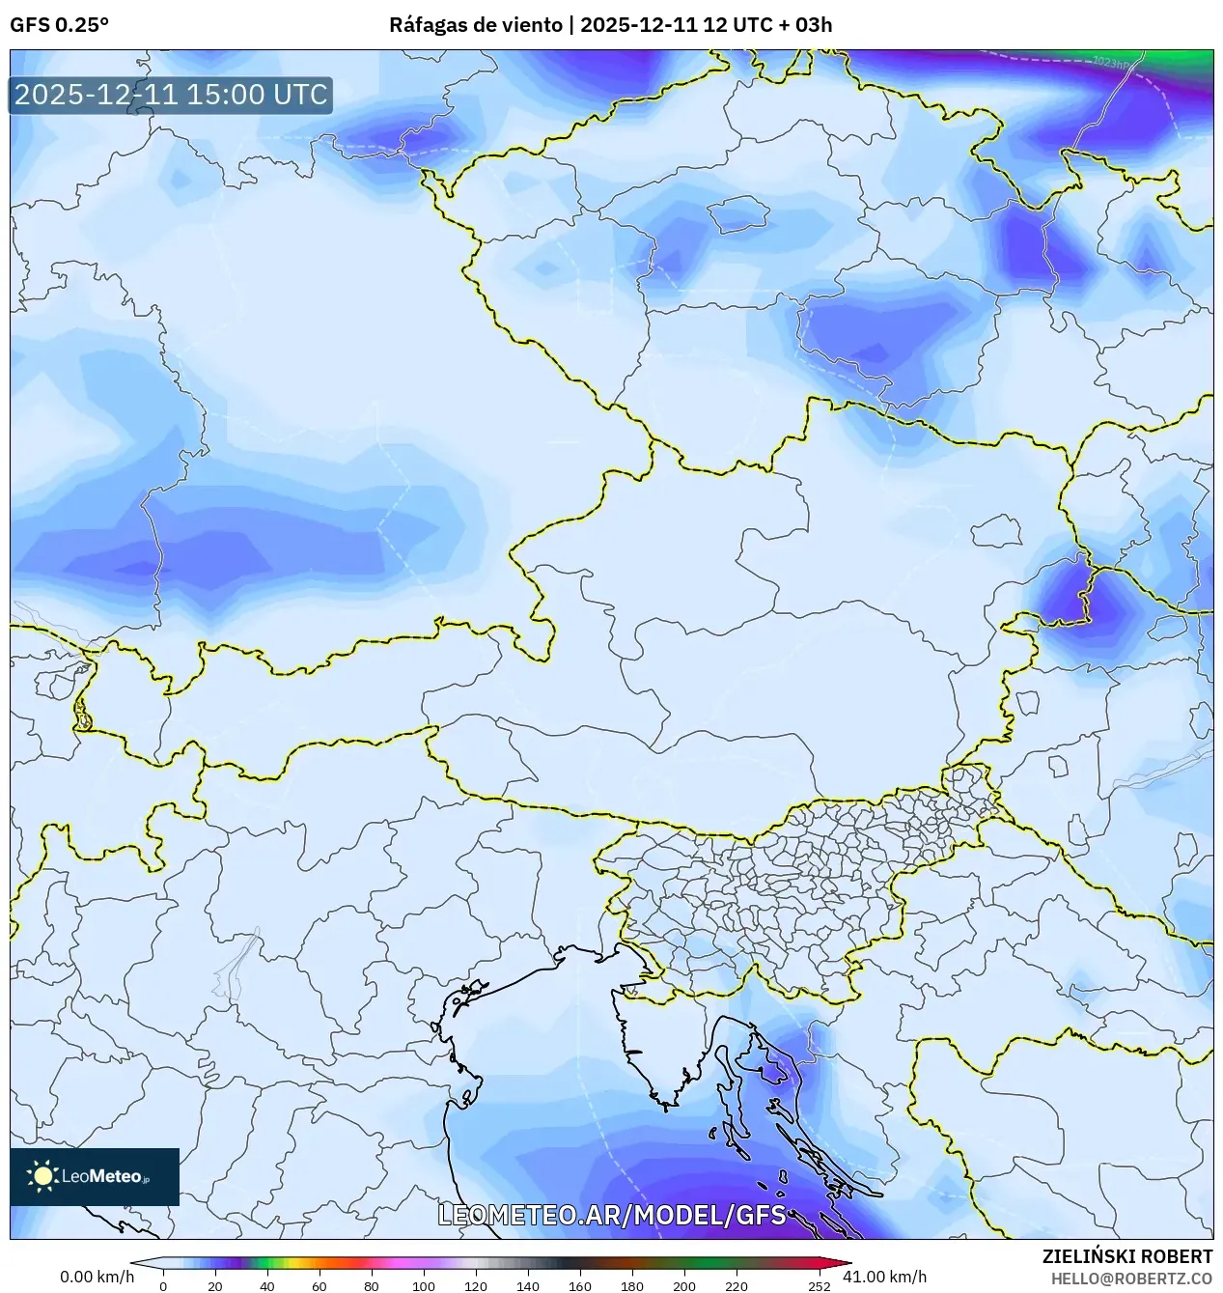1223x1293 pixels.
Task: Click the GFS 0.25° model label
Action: pyautogui.click(x=59, y=25)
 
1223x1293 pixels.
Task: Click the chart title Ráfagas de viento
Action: pyautogui.click(x=477, y=25)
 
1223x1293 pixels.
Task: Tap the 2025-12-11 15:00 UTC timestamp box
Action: pyautogui.click(x=171, y=95)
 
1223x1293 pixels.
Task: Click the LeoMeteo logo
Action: pyautogui.click(x=95, y=1176)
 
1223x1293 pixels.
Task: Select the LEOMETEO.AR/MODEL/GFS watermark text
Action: pyautogui.click(x=612, y=1215)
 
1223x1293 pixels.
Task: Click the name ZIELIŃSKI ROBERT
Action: pyautogui.click(x=1126, y=1256)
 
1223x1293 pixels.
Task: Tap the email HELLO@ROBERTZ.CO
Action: pyautogui.click(x=1131, y=1278)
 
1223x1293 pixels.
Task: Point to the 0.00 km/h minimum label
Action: pyautogui.click(x=97, y=1277)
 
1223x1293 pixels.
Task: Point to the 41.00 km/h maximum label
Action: pyautogui.click(x=884, y=1277)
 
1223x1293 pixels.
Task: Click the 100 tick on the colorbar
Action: pyautogui.click(x=424, y=1285)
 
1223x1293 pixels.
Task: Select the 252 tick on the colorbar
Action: pyautogui.click(x=819, y=1285)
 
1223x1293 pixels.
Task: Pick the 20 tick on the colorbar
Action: pyautogui.click(x=215, y=1285)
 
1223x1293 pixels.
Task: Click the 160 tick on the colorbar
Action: pyautogui.click(x=580, y=1285)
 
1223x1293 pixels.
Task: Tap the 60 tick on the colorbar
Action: pyautogui.click(x=320, y=1285)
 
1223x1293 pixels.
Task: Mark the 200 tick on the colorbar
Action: pyautogui.click(x=684, y=1285)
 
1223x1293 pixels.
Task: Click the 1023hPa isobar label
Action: pyautogui.click(x=1111, y=63)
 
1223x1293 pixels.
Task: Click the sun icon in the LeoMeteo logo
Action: pyautogui.click(x=42, y=1175)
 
